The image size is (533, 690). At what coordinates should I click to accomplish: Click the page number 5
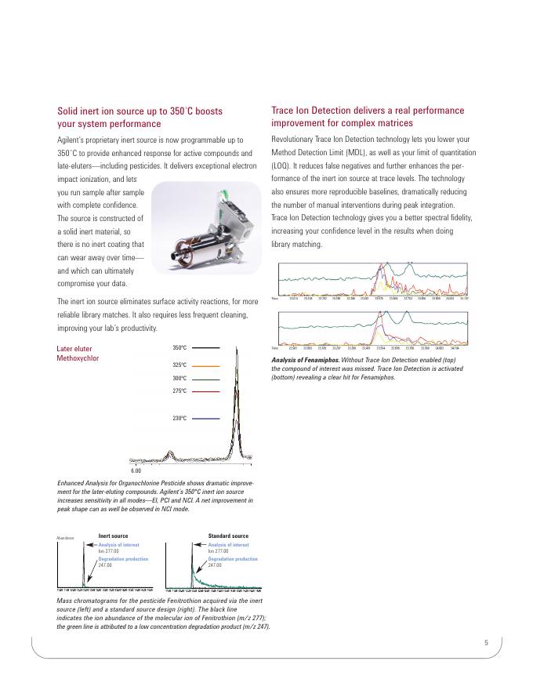[x=486, y=643]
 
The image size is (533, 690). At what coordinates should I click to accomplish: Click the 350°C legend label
[x=179, y=347]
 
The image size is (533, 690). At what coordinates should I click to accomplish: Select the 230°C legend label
[x=179, y=418]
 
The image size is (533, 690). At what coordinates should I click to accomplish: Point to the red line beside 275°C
[x=206, y=390]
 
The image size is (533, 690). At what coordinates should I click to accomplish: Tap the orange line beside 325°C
[x=206, y=365]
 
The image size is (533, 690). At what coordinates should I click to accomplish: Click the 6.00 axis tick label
[x=135, y=470]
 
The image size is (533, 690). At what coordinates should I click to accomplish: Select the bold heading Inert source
[x=113, y=536]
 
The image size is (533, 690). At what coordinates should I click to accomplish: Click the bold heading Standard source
[x=228, y=536]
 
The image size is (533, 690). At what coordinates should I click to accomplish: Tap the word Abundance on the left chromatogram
[x=64, y=538]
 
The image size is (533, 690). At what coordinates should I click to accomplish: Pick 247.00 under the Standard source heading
[x=216, y=565]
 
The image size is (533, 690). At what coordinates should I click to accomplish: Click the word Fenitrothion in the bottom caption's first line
[x=180, y=600]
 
